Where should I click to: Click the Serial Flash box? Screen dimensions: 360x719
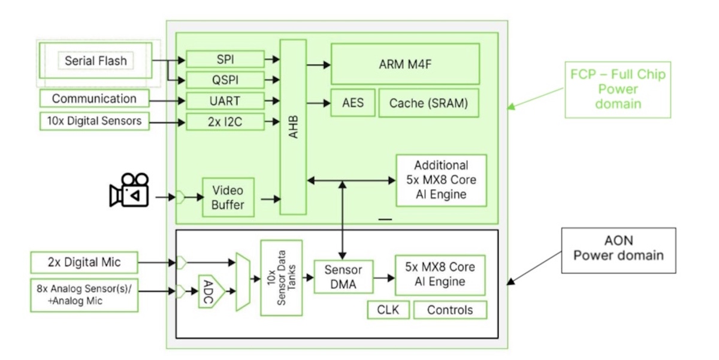point(96,60)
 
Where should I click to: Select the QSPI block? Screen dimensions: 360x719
point(225,80)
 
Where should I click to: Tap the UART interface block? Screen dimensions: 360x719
point(225,100)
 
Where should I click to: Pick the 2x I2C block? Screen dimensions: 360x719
point(225,122)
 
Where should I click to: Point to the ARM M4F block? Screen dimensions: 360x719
point(406,63)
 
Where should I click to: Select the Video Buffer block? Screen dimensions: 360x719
point(228,197)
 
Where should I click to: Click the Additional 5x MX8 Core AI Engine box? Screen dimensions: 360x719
point(441,180)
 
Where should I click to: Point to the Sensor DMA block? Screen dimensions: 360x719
point(343,276)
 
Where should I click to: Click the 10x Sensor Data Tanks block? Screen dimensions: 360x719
point(281,278)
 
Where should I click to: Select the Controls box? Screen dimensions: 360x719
point(449,310)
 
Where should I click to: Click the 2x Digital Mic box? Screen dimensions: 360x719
point(84,262)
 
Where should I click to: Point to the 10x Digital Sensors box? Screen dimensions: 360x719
point(94,121)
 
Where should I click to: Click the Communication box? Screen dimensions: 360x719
point(94,99)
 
